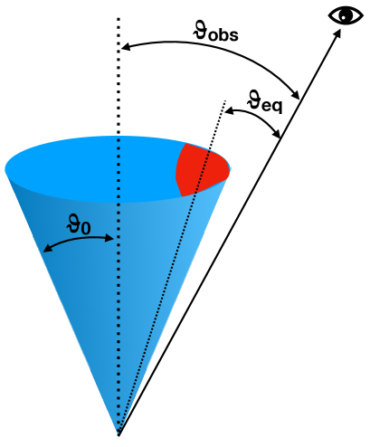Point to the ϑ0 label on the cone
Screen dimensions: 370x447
coord(79,222)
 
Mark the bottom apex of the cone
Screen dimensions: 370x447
coord(119,433)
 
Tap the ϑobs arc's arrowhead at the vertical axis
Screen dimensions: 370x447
coord(125,45)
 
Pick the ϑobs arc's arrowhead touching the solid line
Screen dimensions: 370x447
coord(296,93)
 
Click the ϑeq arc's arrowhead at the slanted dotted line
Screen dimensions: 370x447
coord(227,111)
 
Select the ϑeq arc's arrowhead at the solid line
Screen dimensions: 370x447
coord(277,134)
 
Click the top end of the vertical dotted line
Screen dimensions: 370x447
coord(119,18)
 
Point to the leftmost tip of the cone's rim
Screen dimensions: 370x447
coord(6,168)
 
